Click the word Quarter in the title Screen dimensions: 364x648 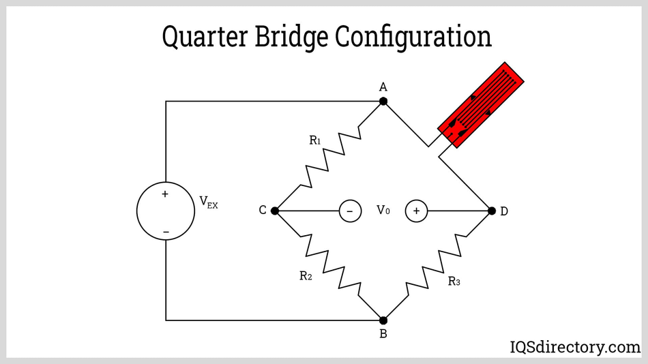point(205,37)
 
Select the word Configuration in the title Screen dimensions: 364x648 point(413,37)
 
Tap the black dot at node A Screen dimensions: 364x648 point(383,101)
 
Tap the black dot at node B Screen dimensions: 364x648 point(383,320)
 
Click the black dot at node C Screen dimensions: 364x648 point(275,211)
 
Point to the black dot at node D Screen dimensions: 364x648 point(491,211)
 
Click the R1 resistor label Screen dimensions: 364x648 point(315,140)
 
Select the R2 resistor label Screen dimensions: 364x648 point(306,276)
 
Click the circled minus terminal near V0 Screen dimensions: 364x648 point(350,211)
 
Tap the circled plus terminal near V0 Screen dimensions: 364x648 point(416,211)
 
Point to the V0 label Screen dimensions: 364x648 point(383,211)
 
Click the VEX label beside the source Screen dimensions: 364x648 point(208,202)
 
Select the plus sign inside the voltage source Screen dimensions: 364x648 point(165,194)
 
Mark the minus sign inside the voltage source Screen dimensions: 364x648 point(165,232)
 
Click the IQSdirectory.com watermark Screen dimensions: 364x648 point(575,347)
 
